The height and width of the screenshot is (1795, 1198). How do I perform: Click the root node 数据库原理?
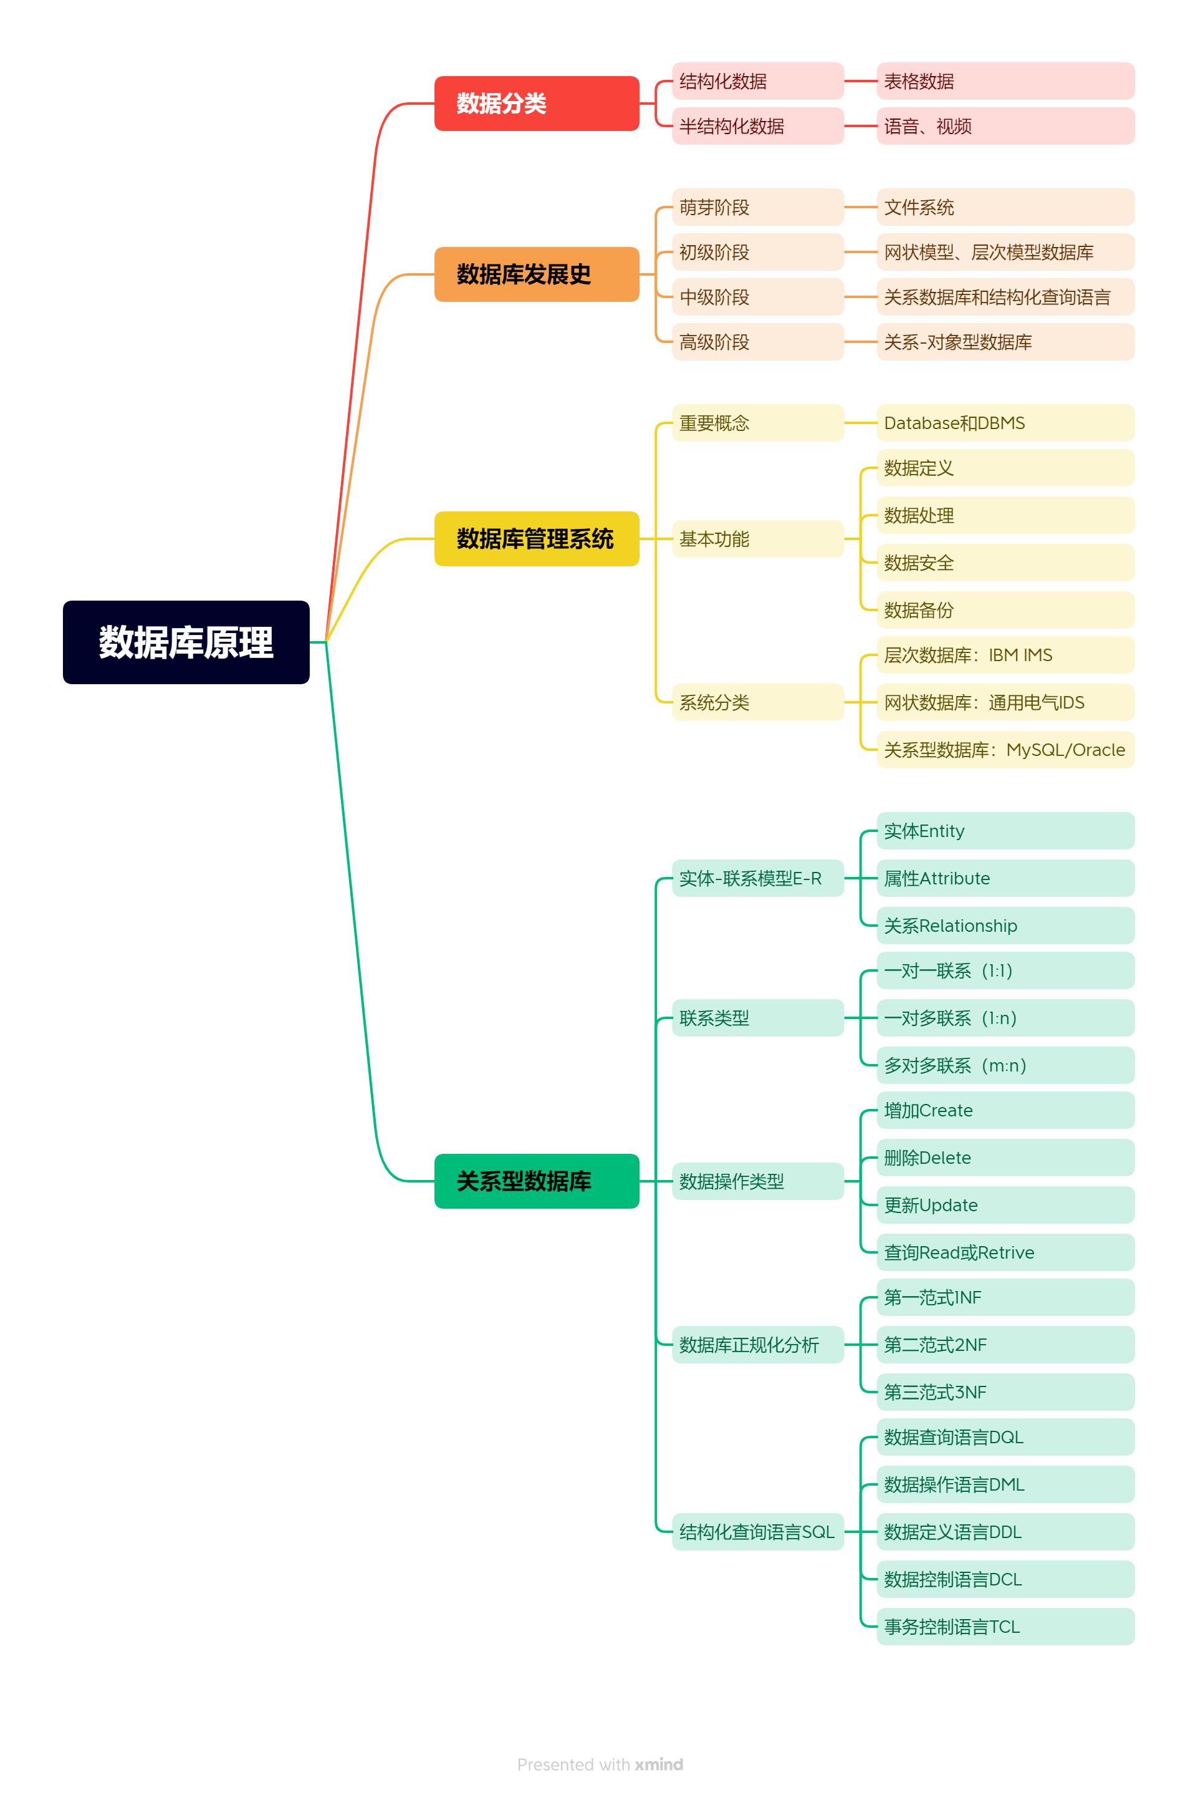[186, 642]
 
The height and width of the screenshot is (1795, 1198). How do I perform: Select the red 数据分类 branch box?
[536, 103]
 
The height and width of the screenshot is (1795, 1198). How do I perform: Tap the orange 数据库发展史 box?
[536, 274]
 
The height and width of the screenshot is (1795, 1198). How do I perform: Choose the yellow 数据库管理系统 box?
[536, 539]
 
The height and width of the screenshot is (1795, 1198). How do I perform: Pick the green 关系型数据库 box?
[536, 1181]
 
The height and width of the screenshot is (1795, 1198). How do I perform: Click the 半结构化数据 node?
[757, 126]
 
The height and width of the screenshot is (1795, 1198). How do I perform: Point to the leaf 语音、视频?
[1005, 126]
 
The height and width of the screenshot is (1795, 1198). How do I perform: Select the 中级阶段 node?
[757, 298]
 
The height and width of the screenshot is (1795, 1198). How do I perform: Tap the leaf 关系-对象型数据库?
[1005, 342]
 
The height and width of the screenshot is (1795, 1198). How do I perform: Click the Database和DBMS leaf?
[1005, 423]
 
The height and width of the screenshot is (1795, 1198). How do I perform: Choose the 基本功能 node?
[757, 539]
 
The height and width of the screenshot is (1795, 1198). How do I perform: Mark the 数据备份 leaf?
[1005, 610]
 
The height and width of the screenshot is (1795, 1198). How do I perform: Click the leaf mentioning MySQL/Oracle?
[1005, 750]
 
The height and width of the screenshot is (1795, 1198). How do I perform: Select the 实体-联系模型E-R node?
[757, 878]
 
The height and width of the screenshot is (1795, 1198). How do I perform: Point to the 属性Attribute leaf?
[1005, 878]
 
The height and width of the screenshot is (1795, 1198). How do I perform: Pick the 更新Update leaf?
[1005, 1206]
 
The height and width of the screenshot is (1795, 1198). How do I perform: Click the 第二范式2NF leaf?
[1005, 1345]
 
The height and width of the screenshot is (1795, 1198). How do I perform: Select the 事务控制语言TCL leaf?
[1005, 1627]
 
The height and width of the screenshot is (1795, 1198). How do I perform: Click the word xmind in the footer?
[659, 1764]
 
